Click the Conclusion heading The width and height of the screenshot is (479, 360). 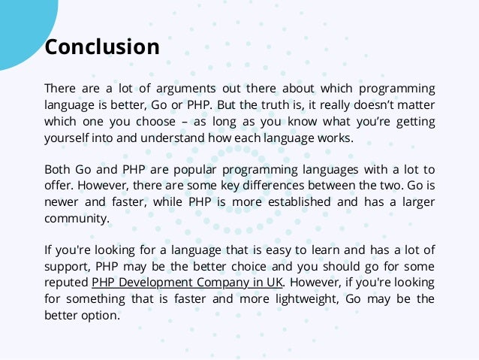[102, 47]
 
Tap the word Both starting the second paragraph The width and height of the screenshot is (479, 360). [58, 169]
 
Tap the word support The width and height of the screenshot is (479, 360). [66, 267]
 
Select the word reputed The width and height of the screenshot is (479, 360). [66, 283]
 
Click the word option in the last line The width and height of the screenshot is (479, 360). [103, 316]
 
